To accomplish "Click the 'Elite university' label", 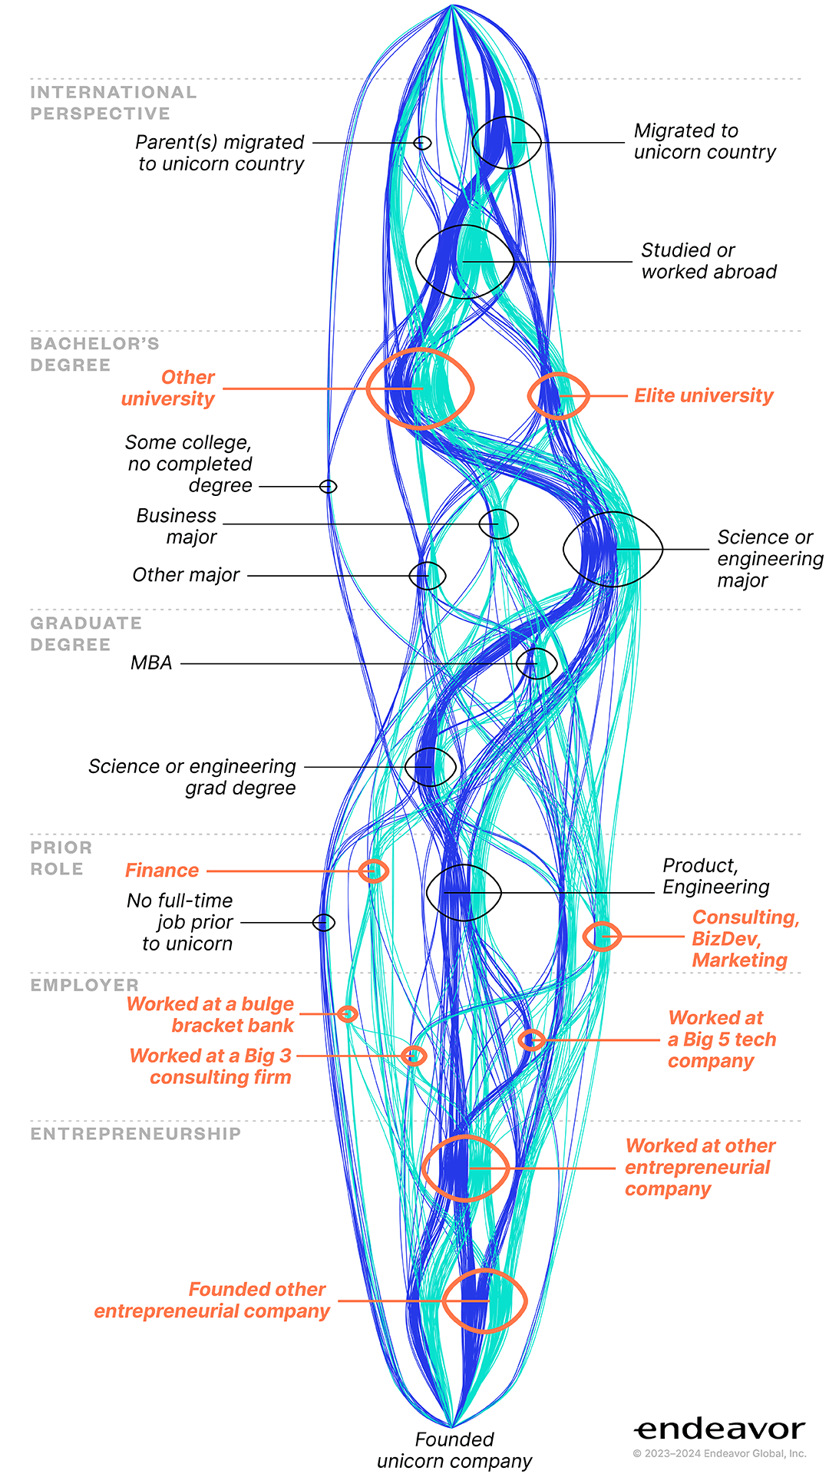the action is point(703,395).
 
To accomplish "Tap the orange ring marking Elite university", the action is point(529,396).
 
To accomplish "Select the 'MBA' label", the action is point(151,663).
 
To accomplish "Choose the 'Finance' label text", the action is point(162,870).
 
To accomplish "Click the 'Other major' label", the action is point(186,575).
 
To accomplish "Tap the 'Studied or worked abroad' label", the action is point(709,261).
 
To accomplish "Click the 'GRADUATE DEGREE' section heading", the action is point(86,633).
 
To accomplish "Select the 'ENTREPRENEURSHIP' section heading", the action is point(136,1134).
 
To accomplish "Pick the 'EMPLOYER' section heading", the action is point(84,985).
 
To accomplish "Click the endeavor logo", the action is point(720,1429).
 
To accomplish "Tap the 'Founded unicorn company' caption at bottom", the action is point(454,1450).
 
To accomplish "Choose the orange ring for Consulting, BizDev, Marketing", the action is point(602,923).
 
